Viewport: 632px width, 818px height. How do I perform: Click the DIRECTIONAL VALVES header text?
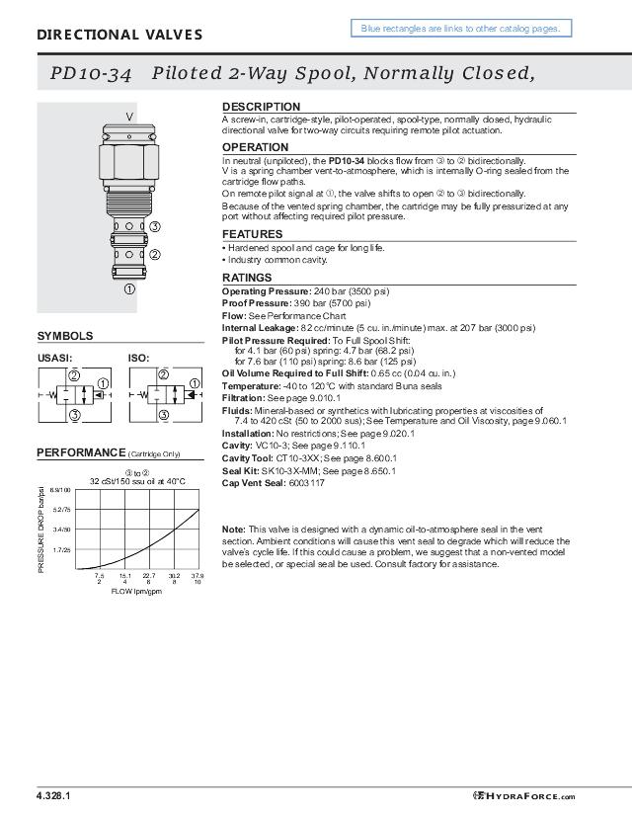[x=119, y=35]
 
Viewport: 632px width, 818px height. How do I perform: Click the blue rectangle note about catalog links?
[x=460, y=29]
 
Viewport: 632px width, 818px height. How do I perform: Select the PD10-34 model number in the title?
[x=91, y=75]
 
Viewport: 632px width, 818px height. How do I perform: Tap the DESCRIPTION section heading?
[x=261, y=107]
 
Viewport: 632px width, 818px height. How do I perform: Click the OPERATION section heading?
[x=256, y=147]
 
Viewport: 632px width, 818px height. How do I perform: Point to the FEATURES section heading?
[x=253, y=234]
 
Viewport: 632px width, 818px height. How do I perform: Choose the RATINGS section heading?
[x=247, y=278]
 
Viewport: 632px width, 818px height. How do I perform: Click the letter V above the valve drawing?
[x=129, y=117]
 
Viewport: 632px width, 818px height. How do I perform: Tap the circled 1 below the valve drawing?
[x=128, y=289]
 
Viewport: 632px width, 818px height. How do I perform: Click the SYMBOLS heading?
[x=65, y=336]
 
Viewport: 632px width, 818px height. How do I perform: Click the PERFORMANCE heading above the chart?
[x=81, y=452]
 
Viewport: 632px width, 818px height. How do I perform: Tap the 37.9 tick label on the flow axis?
[x=197, y=575]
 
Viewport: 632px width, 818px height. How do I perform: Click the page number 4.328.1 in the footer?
[x=53, y=796]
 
